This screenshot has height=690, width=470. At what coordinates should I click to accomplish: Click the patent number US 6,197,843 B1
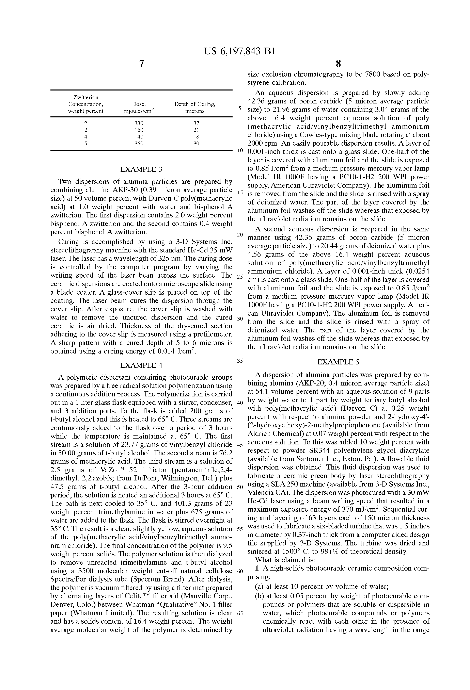[x=239, y=51]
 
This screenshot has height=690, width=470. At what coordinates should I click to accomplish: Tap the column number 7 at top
[x=141, y=64]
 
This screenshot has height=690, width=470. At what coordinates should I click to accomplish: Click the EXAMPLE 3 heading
[x=141, y=169]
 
